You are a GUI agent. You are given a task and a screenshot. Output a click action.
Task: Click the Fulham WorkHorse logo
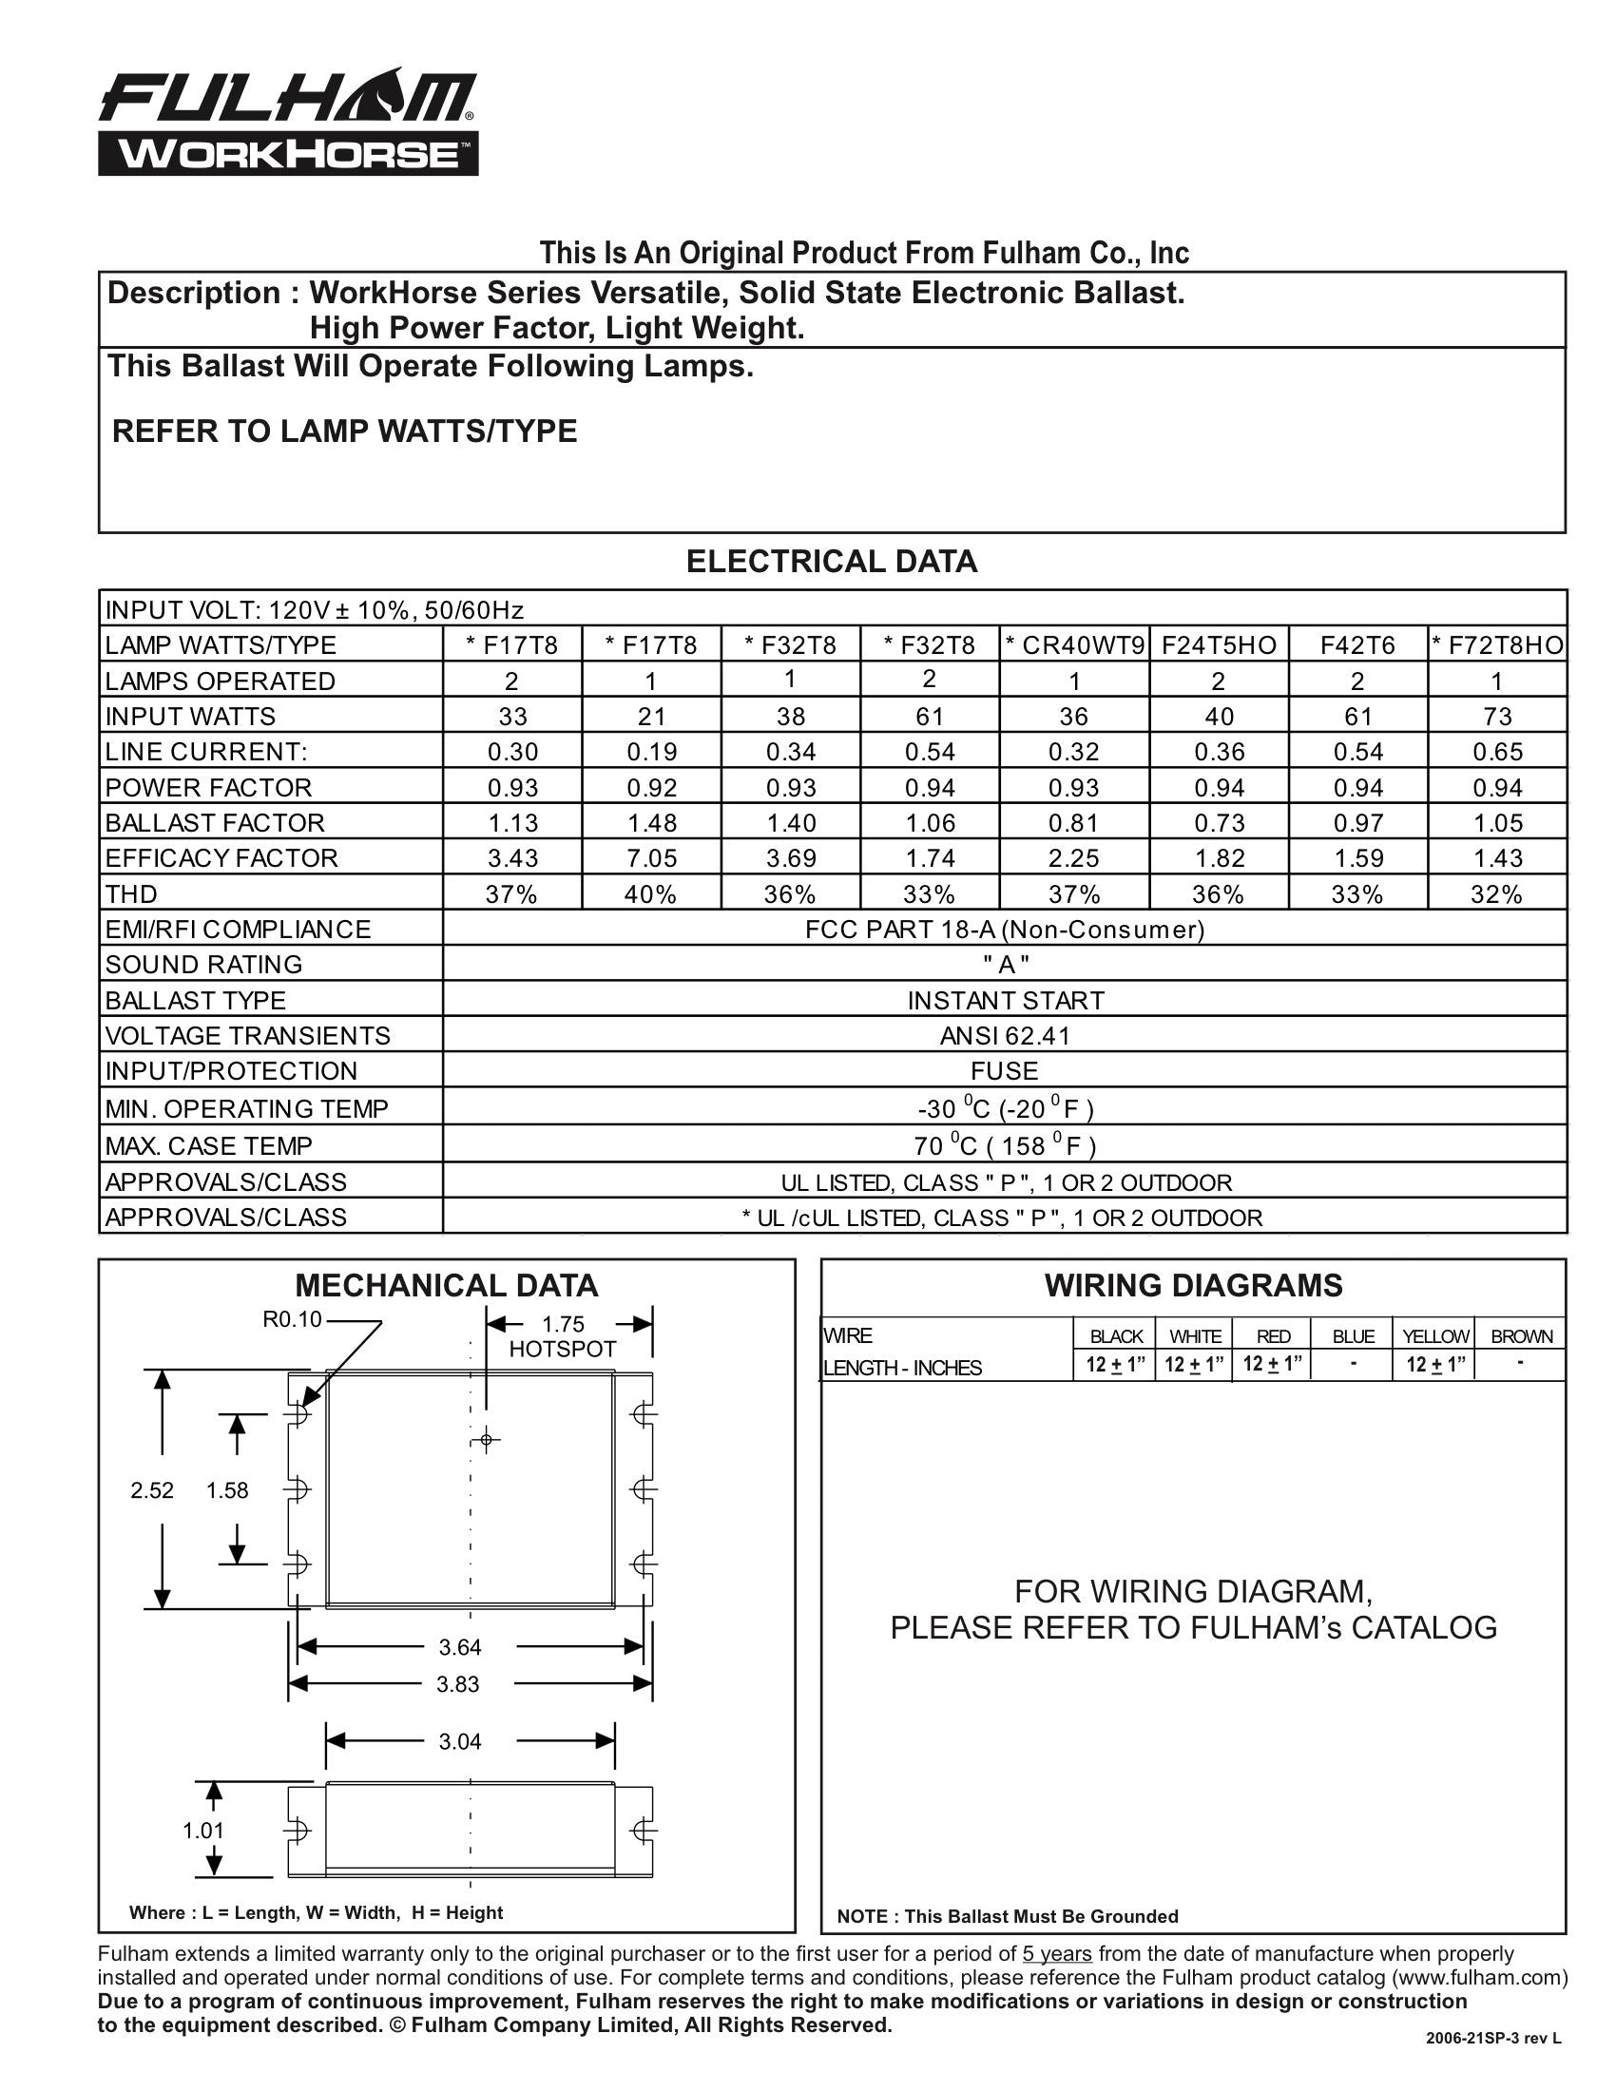287,125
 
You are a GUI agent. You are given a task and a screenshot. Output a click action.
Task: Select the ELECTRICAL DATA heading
831,562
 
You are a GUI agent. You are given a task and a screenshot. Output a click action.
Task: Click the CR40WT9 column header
1075,645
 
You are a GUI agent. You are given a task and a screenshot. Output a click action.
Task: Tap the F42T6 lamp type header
1357,645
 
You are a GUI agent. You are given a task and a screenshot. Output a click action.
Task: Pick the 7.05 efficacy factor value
651,858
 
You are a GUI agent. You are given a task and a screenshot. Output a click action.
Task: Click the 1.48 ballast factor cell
651,822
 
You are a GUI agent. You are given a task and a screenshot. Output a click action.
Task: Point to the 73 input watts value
1497,716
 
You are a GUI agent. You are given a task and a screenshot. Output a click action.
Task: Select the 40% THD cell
651,894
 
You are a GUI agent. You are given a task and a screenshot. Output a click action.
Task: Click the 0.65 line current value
1497,752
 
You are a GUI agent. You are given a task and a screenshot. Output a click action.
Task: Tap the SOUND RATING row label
204,964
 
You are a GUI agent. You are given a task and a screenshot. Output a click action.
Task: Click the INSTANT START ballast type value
1005,1001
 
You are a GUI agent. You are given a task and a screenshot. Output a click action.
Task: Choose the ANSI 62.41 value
1005,1036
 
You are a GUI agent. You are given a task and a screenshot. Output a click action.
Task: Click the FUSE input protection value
1005,1070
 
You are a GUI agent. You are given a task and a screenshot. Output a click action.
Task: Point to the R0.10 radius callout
292,1319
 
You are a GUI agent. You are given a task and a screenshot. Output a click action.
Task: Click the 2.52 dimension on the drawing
152,1489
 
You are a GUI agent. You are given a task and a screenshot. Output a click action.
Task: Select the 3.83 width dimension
457,1683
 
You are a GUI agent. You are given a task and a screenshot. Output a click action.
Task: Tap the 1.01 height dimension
203,1830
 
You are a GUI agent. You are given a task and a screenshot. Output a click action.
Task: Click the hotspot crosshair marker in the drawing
487,1440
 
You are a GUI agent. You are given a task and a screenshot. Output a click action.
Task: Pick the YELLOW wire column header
1435,1336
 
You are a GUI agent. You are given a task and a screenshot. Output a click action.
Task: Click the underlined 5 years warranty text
1057,1954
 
